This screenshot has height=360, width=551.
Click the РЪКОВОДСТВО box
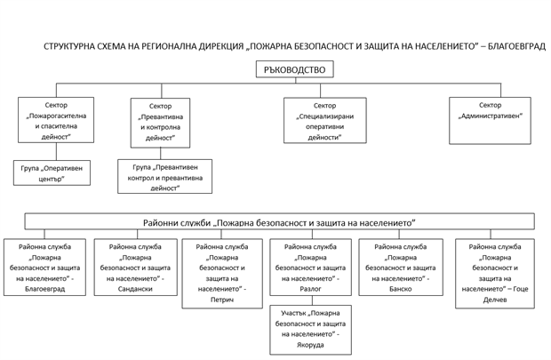(x=294, y=69)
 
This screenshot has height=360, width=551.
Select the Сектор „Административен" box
(x=490, y=121)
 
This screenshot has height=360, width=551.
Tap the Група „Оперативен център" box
(x=52, y=172)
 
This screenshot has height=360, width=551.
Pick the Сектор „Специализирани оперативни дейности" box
(x=325, y=120)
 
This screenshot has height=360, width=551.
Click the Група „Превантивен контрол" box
(x=164, y=176)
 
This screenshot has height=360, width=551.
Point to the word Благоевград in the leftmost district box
(x=45, y=289)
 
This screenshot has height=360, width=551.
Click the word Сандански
(x=135, y=289)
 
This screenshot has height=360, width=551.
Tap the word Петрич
(x=222, y=300)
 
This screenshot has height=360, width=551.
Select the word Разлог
(x=311, y=289)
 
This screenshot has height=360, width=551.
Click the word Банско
(x=401, y=289)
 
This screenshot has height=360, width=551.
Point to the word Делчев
(x=495, y=300)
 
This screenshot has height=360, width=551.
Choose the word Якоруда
(x=310, y=345)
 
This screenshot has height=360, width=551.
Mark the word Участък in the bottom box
(x=293, y=313)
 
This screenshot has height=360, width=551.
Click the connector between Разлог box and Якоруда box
(x=313, y=300)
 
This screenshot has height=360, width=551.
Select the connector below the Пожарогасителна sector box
(x=56, y=151)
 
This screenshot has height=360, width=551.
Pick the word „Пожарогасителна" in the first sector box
(x=56, y=116)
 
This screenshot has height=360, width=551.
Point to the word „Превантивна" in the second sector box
(x=160, y=116)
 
